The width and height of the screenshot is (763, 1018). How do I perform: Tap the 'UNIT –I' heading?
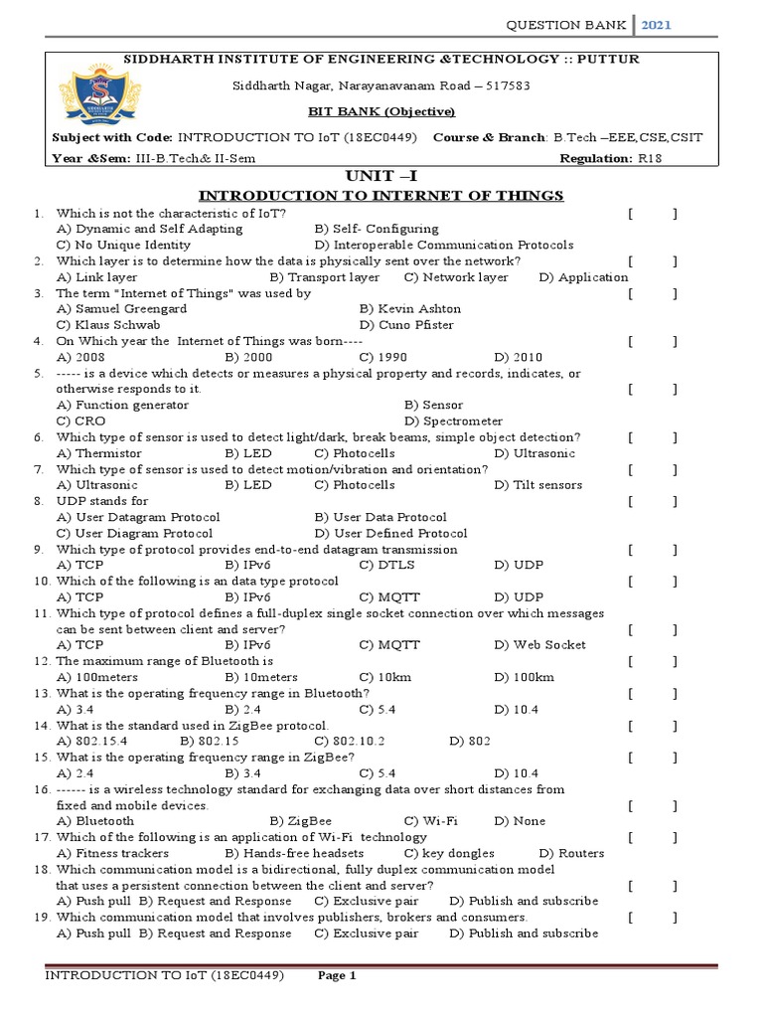[x=381, y=175]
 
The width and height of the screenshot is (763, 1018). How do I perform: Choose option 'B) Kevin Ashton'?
[x=410, y=309]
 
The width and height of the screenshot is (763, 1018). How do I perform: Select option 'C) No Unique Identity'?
[x=123, y=245]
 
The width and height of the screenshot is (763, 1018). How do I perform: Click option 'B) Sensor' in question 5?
[x=434, y=406]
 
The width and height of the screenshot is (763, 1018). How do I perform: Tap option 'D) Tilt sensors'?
[x=538, y=485]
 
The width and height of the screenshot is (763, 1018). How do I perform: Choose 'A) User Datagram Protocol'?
[x=138, y=517]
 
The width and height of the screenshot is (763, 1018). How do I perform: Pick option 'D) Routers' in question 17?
[x=571, y=853]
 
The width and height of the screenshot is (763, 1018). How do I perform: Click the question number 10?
[x=42, y=581]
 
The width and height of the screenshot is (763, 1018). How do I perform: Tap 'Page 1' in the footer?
[x=337, y=976]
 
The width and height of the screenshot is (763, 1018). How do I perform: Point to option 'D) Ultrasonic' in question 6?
[x=534, y=453]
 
